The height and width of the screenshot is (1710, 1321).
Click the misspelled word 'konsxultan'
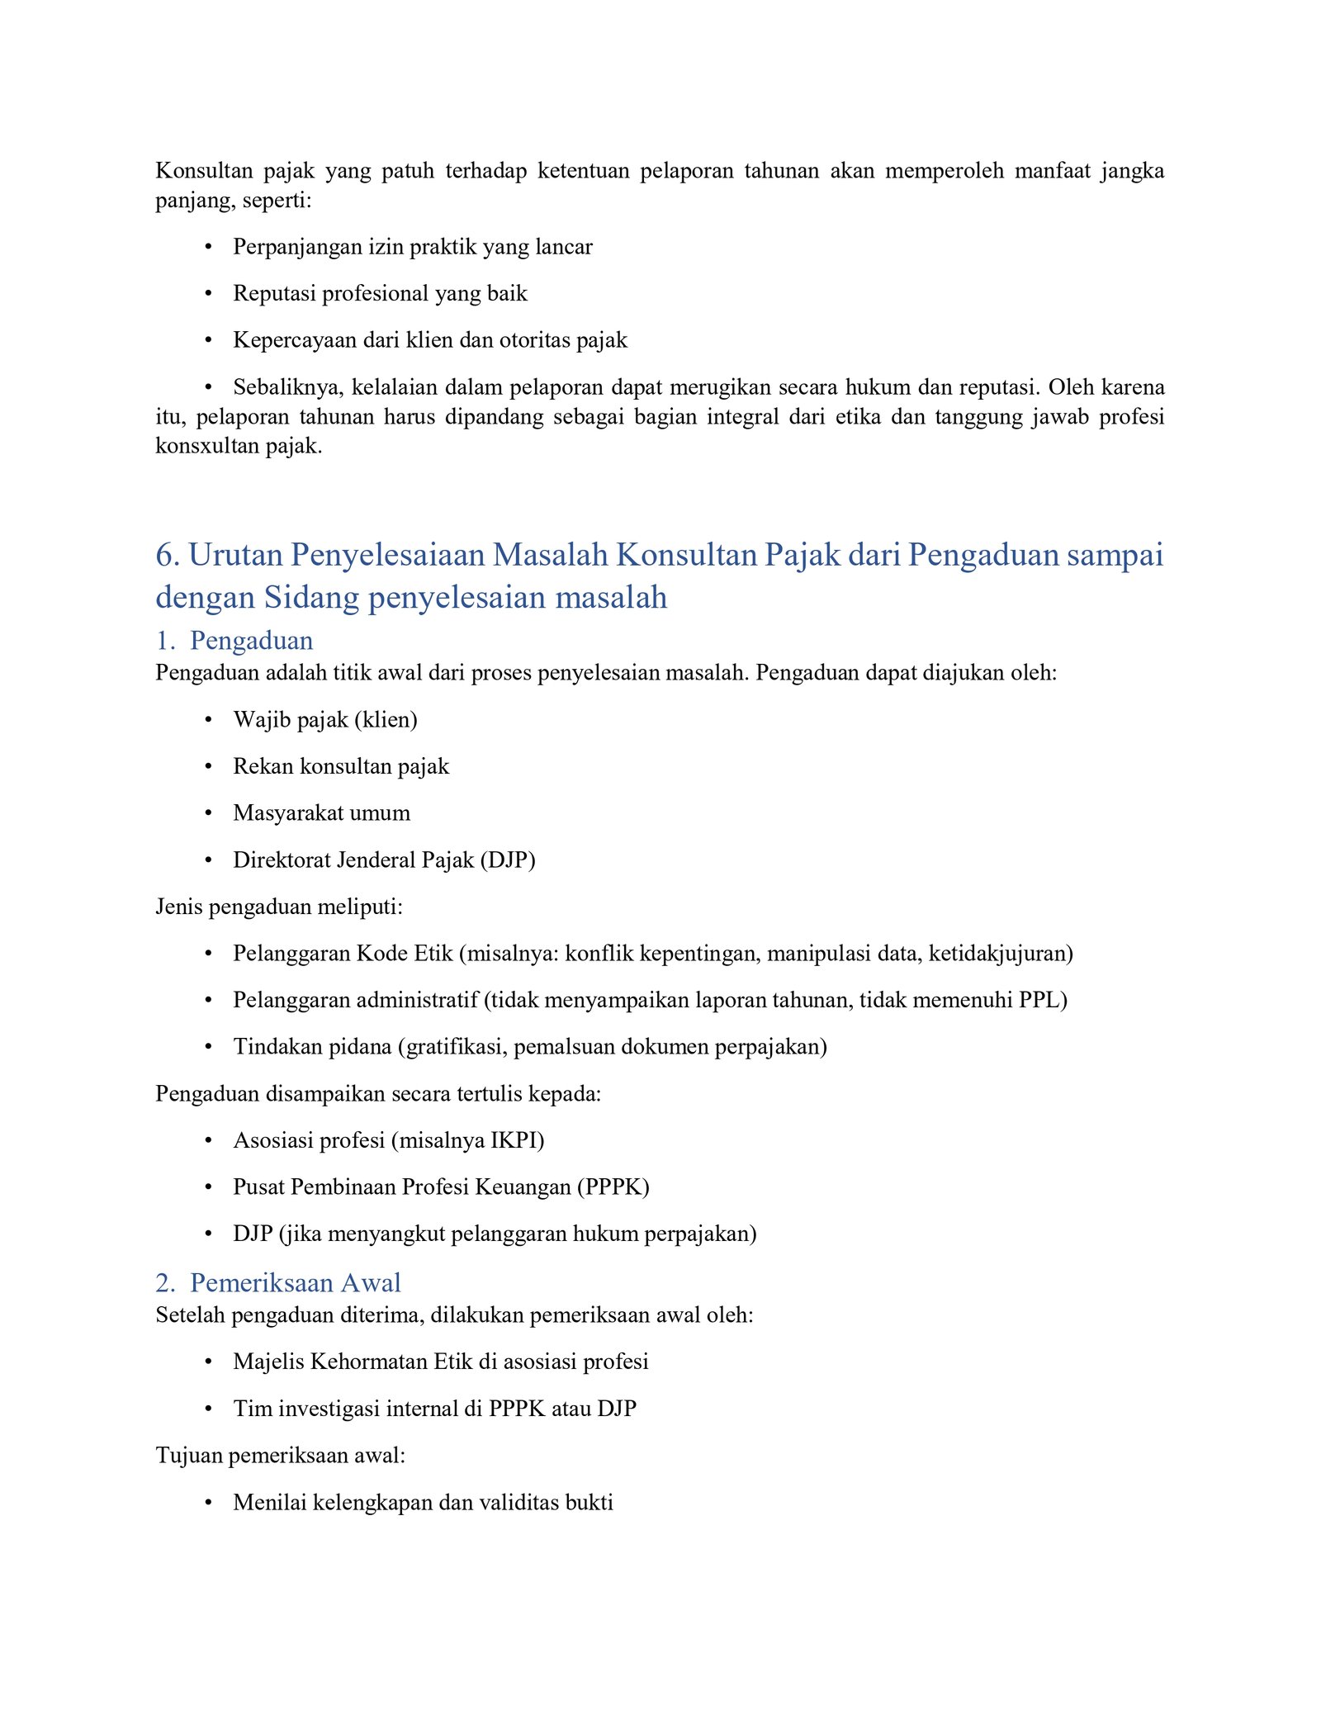(203, 447)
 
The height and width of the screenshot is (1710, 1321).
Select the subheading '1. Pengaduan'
(234, 641)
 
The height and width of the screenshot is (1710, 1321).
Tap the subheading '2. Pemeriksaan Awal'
(278, 1282)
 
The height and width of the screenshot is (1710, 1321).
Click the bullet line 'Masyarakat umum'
(321, 812)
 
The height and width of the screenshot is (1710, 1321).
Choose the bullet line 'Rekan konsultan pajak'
(341, 766)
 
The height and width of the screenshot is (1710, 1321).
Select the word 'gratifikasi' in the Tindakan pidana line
(451, 1047)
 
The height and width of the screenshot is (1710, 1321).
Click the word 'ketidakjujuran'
(1000, 954)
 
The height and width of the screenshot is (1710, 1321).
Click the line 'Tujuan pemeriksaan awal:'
(280, 1455)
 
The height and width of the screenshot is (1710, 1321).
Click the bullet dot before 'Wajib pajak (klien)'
(209, 720)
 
